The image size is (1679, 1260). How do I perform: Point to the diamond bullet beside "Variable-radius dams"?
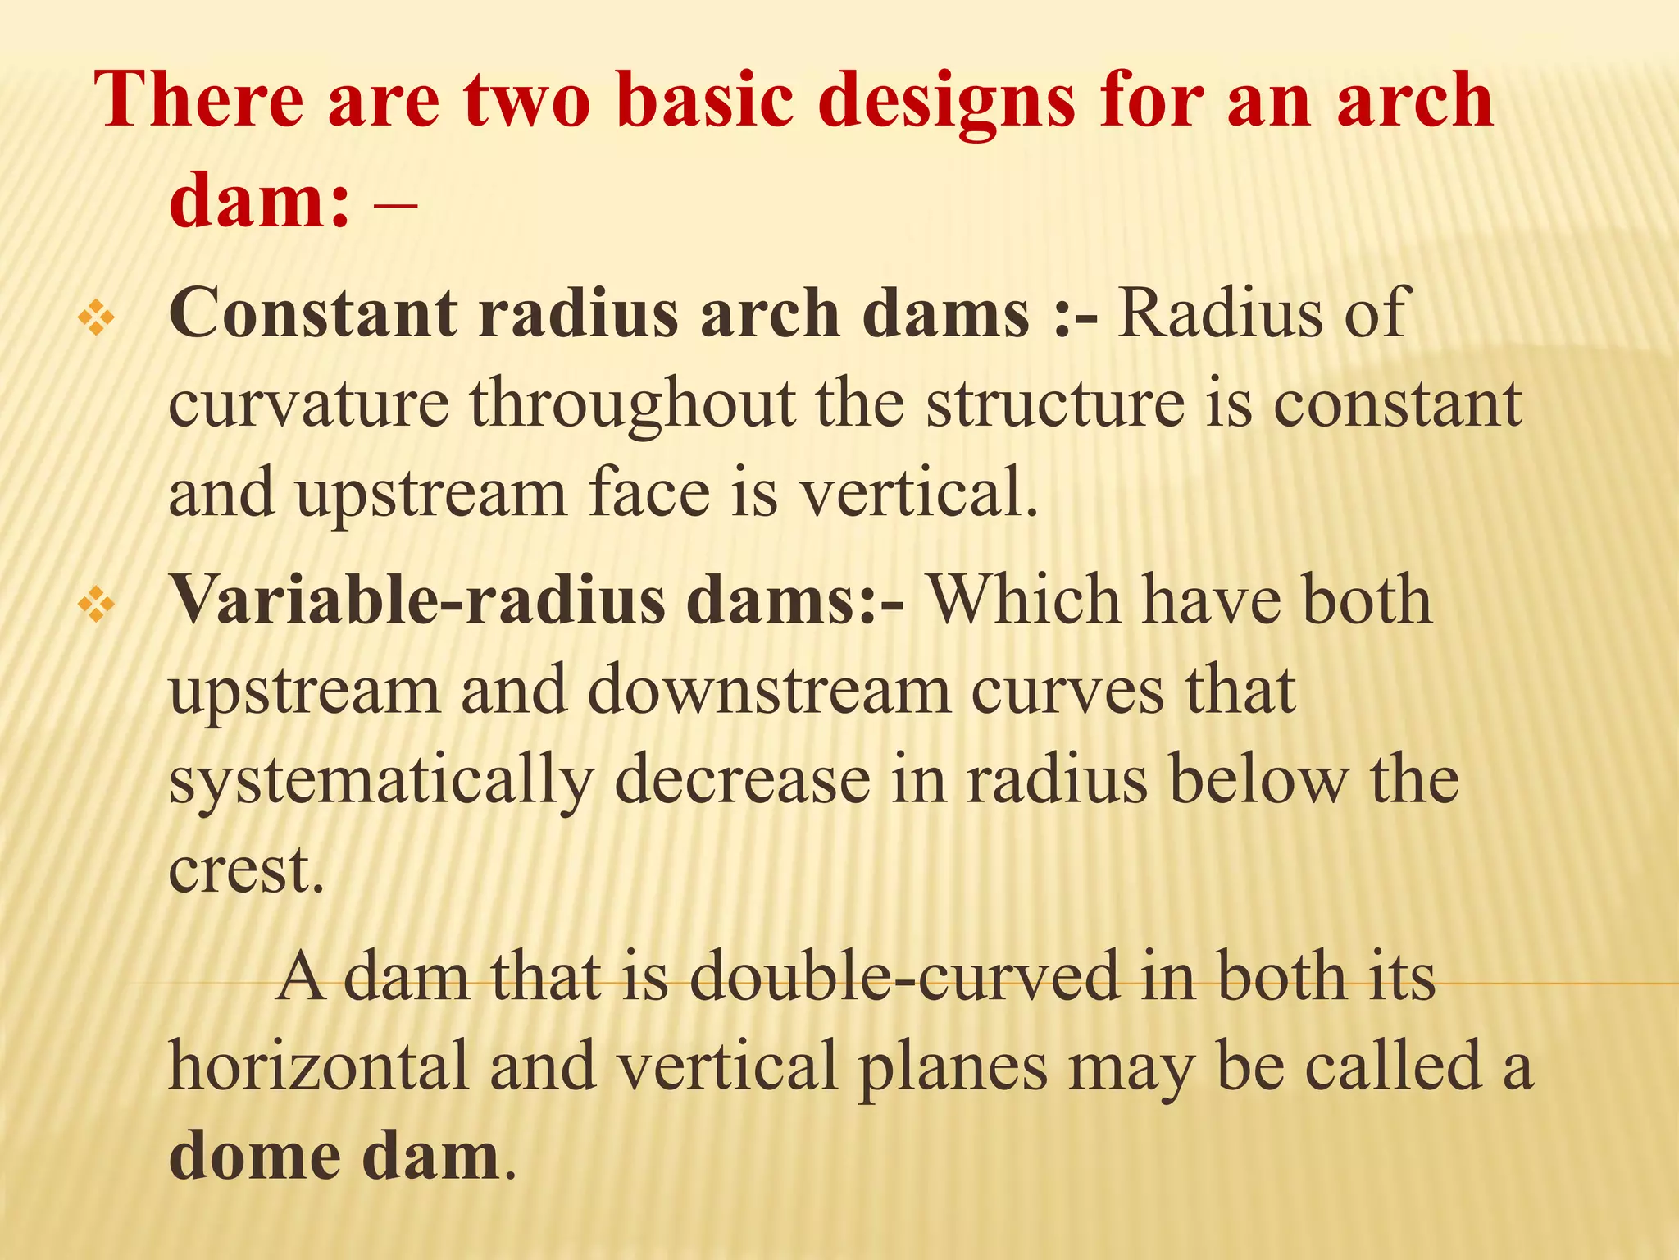pos(96,606)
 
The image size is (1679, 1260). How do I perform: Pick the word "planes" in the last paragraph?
pos(952,1066)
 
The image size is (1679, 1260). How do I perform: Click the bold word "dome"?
pos(255,1157)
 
